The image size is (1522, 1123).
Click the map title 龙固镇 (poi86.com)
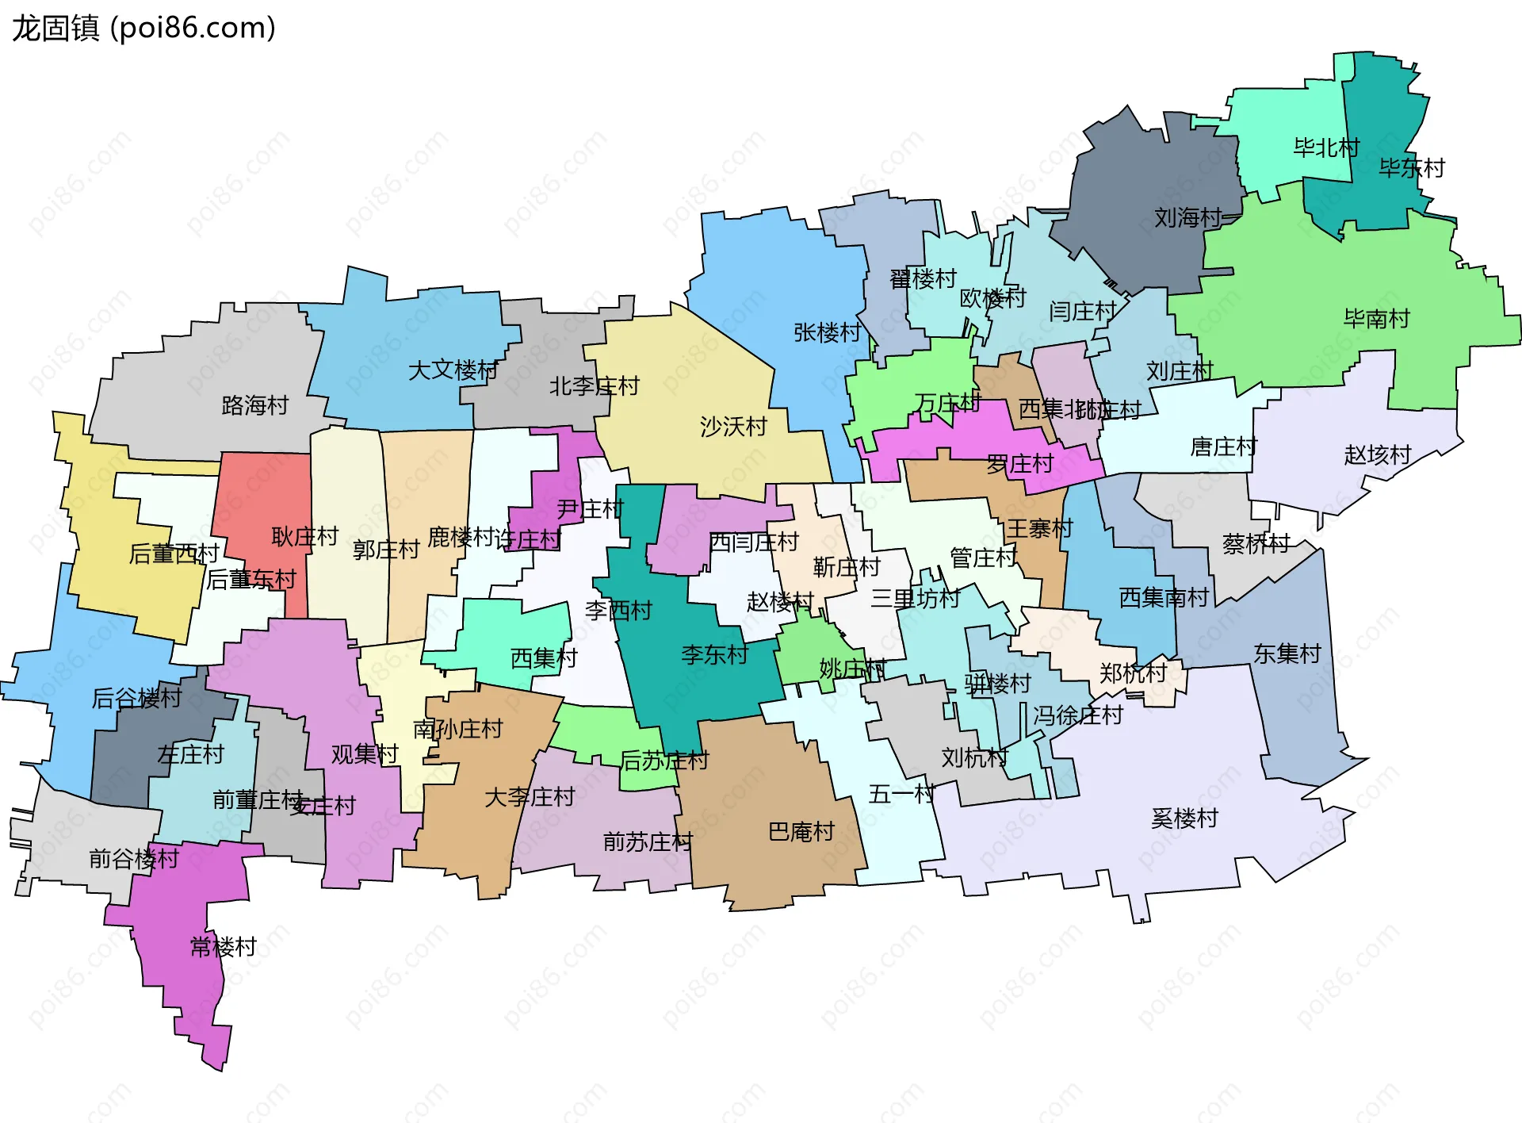click(x=143, y=28)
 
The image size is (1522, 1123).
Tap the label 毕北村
click(x=1326, y=148)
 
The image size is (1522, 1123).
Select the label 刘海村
click(x=1187, y=217)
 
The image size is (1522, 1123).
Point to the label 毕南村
click(x=1377, y=319)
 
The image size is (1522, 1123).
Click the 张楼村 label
click(x=827, y=332)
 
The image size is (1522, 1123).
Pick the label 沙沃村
click(x=733, y=427)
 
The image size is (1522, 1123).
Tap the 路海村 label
click(x=254, y=405)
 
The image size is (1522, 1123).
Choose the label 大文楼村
click(x=453, y=370)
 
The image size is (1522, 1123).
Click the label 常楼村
click(x=224, y=946)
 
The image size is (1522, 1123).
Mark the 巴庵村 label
click(x=801, y=831)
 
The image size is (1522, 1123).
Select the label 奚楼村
click(x=1184, y=818)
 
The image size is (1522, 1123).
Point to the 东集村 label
click(x=1287, y=653)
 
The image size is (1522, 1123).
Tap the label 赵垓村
click(x=1378, y=454)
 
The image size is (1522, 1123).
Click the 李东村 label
click(x=714, y=654)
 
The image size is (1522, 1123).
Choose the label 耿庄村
click(x=305, y=536)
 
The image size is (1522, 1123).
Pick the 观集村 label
click(x=364, y=753)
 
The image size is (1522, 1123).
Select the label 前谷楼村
click(x=134, y=858)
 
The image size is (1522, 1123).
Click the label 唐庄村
click(x=1224, y=447)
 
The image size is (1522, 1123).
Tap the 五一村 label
click(x=901, y=793)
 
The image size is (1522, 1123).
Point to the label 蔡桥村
click(x=1256, y=543)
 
